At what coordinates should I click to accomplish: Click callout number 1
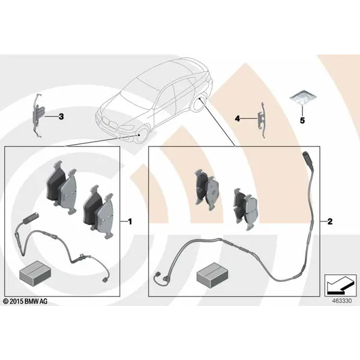tap(130, 221)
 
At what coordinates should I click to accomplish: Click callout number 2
tap(329, 221)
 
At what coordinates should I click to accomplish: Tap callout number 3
tap(61, 116)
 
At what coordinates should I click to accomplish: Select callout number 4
tap(238, 119)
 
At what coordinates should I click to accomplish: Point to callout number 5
tap(302, 121)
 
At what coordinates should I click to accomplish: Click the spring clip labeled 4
tap(262, 120)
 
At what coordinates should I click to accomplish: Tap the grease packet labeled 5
tap(303, 97)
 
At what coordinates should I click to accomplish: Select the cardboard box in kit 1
tap(35, 273)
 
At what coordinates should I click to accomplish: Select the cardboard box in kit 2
tap(212, 275)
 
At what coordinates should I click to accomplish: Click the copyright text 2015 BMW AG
tap(25, 301)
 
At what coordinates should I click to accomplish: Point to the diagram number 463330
tap(342, 301)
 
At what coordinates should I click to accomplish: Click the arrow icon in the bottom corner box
tap(340, 285)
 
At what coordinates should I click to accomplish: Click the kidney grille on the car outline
tap(110, 122)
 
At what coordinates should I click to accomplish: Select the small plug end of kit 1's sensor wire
tap(104, 280)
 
